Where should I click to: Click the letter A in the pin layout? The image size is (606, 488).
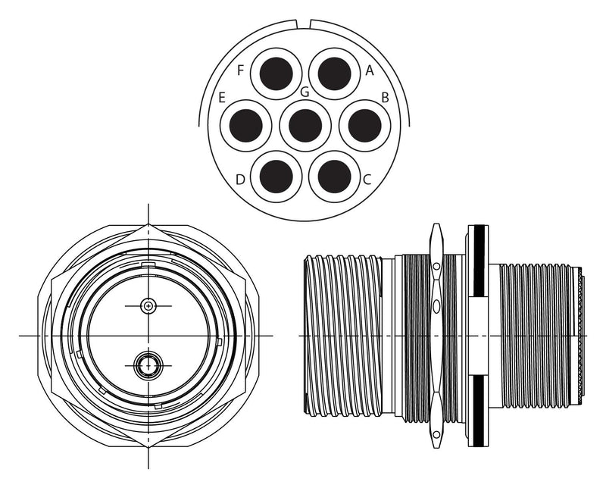370,70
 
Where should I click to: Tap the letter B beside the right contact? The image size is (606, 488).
385,98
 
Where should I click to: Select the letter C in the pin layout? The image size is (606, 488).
367,180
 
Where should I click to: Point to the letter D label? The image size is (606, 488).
240,180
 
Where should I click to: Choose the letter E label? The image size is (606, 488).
222,98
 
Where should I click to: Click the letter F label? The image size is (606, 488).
240,70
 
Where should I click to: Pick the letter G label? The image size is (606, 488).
305,92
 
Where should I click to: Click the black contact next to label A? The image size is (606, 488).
334,74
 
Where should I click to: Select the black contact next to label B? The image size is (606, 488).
364,125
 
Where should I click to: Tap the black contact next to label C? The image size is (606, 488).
334,177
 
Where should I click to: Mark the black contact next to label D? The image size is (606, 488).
276,177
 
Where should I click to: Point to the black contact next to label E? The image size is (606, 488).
245,125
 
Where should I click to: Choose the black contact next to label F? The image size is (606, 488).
276,74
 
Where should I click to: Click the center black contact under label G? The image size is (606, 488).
305,125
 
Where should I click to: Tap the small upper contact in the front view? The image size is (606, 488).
148,306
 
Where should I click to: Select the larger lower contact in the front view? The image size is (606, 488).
148,367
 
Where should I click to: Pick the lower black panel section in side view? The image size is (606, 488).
478,410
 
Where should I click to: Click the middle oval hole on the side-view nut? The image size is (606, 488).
436,306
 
